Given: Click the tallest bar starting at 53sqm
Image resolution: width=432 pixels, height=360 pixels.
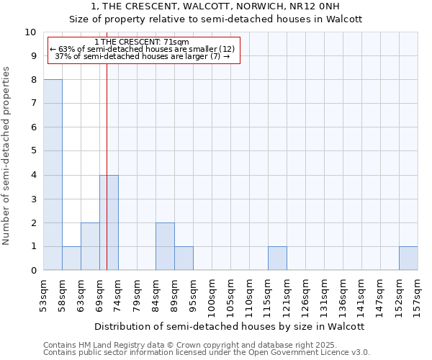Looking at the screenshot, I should [53, 175].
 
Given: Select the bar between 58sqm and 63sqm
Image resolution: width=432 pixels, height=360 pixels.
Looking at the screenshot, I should [71, 258].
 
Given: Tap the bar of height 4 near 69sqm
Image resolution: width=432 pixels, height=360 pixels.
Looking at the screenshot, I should [109, 222].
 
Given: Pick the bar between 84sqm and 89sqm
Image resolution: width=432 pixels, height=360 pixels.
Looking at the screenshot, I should [165, 246].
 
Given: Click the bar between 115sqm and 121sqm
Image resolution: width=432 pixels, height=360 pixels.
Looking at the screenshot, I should [277, 258].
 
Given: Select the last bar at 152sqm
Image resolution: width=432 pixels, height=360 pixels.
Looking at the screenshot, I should [408, 258].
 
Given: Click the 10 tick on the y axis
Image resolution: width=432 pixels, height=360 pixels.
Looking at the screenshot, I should [30, 32].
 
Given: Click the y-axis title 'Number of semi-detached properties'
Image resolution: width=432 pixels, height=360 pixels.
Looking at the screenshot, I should [7, 156].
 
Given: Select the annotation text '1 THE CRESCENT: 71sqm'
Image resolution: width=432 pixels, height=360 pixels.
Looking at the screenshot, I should [141, 42].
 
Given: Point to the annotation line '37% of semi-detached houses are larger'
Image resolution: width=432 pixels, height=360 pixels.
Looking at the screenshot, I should [142, 56].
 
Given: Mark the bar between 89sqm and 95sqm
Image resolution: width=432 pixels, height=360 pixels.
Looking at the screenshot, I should [184, 258].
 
